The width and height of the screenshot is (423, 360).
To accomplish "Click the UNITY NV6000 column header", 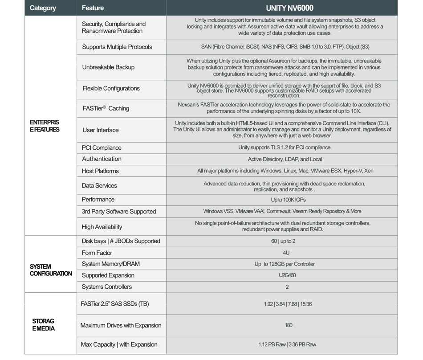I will [289, 8].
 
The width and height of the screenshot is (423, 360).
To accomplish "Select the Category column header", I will [43, 8].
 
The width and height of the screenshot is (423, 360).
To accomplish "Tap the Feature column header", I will [93, 8].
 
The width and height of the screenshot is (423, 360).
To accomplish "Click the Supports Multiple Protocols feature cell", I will [117, 47].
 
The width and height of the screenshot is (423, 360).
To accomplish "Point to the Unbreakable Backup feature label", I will [108, 67].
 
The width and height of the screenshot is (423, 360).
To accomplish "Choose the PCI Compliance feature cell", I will [102, 147].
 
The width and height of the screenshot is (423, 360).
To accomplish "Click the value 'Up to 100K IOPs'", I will [288, 200].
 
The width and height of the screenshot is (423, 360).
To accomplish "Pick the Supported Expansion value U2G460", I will [287, 275].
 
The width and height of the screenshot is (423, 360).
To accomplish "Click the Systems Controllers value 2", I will [287, 287].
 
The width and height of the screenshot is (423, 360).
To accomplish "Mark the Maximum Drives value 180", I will [288, 325].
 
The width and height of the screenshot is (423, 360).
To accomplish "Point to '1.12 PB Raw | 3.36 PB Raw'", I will [288, 344].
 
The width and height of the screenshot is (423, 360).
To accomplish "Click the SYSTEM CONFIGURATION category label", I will [51, 270].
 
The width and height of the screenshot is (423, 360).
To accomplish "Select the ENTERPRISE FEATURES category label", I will [45, 126].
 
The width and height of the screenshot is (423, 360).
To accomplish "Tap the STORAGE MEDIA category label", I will [43, 325].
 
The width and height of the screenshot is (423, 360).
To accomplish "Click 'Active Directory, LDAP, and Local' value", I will [285, 159].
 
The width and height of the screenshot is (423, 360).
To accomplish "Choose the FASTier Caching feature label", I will [106, 108].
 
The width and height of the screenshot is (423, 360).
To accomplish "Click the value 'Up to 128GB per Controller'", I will [285, 264].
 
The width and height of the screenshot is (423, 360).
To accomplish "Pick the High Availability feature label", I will [102, 227].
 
